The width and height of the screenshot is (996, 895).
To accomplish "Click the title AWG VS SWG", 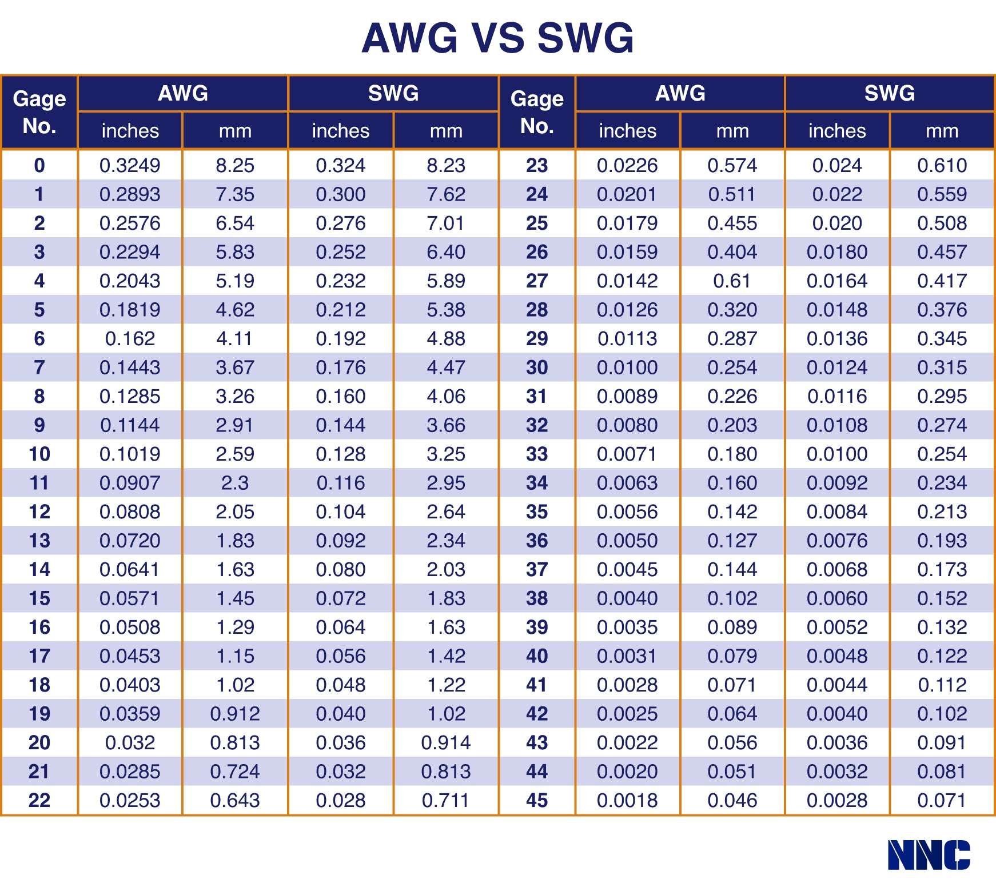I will click(x=497, y=38).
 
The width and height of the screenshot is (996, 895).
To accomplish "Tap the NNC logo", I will click(x=929, y=855).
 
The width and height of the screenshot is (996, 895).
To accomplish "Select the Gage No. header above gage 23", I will click(x=536, y=112).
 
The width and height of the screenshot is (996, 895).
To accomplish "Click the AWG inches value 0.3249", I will click(x=130, y=166).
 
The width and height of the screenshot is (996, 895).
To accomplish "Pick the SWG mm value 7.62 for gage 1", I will click(x=446, y=194).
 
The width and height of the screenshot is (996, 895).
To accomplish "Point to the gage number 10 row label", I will click(x=39, y=454).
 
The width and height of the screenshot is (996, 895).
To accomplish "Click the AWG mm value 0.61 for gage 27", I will click(x=732, y=281).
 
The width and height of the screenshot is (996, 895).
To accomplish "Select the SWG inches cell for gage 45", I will click(x=837, y=800).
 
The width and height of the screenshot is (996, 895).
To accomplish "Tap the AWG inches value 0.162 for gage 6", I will click(x=130, y=339).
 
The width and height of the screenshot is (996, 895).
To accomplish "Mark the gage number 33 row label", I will click(x=536, y=454).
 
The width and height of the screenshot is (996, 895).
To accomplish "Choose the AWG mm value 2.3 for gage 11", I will click(x=235, y=483).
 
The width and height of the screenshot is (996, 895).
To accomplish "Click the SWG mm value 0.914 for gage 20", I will click(x=446, y=742).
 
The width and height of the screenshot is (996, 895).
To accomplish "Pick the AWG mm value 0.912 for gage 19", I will click(x=235, y=714).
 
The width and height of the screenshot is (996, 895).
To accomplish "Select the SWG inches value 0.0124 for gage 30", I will click(x=837, y=367).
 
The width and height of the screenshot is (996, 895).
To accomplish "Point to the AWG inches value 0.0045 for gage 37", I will click(x=627, y=570).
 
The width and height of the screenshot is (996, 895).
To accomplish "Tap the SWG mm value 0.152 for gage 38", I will click(x=942, y=598).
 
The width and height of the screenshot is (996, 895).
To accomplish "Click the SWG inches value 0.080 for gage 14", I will click(x=341, y=570).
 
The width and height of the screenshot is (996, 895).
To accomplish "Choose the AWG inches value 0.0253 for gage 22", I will click(x=130, y=800).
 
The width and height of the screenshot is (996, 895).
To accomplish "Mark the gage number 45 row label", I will click(x=536, y=800).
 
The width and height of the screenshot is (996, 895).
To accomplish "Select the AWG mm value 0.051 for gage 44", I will click(x=732, y=772).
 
